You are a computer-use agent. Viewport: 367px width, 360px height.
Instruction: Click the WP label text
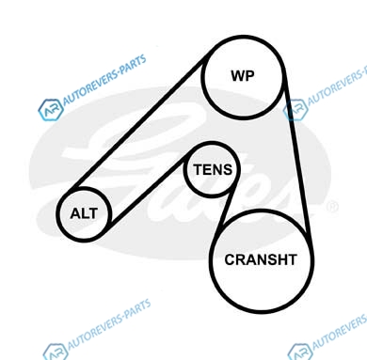click(x=243, y=76)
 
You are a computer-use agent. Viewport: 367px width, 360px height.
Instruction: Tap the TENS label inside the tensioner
click(x=213, y=169)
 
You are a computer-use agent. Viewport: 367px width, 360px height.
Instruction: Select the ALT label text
click(x=84, y=213)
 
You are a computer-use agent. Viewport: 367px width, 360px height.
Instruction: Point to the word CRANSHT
click(x=261, y=259)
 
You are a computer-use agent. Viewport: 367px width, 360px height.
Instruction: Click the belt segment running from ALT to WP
click(x=138, y=124)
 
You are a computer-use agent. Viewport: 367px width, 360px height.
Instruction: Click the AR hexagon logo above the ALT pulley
click(x=51, y=110)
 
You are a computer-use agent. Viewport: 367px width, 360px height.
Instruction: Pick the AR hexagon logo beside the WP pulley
click(x=295, y=109)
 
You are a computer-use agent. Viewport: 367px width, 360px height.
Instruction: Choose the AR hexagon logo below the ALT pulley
click(x=56, y=352)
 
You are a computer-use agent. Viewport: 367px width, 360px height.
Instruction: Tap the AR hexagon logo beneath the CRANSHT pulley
click(x=300, y=352)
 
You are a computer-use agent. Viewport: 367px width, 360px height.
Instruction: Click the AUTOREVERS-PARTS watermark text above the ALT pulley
click(x=104, y=81)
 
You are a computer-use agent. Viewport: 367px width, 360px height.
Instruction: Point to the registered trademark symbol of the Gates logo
click(x=332, y=208)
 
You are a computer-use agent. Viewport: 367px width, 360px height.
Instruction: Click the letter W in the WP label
click(x=237, y=76)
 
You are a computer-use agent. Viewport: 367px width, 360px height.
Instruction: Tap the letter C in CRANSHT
click(x=230, y=259)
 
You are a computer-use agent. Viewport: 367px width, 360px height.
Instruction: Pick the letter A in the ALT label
click(x=75, y=213)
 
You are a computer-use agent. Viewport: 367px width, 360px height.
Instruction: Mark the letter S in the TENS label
click(x=228, y=169)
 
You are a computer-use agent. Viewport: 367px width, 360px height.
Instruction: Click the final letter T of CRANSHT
click(x=292, y=259)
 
